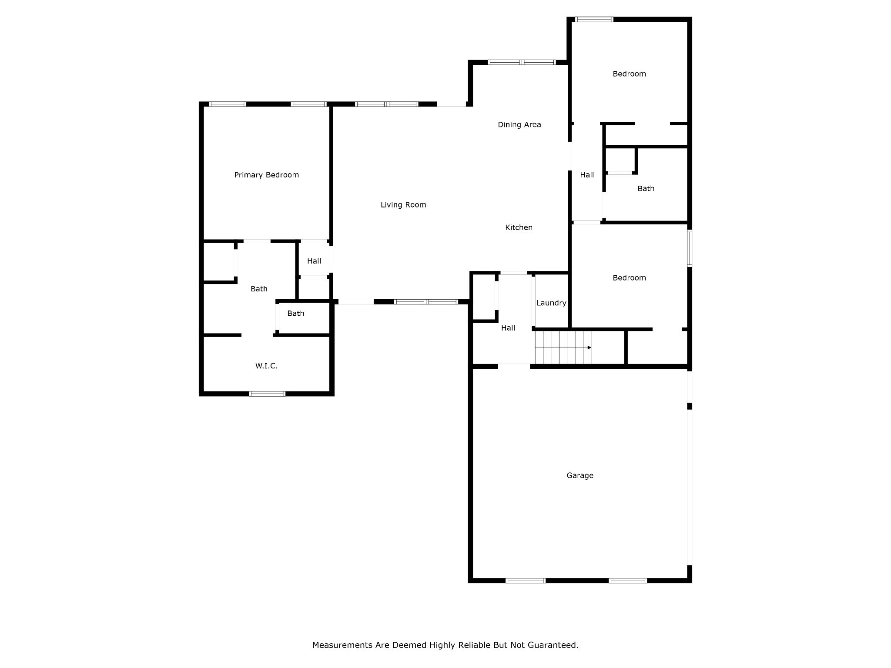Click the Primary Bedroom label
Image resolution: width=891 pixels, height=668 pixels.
click(x=266, y=175)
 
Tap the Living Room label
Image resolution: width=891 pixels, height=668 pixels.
click(x=403, y=205)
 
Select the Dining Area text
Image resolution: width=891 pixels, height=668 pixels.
click(x=519, y=125)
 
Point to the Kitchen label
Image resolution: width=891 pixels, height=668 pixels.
click(x=519, y=227)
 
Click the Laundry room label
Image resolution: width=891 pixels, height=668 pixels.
click(x=551, y=303)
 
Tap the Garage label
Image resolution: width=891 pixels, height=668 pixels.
click(x=579, y=476)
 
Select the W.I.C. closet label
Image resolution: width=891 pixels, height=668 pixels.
click(x=266, y=366)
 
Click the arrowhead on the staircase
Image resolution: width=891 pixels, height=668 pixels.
click(x=589, y=347)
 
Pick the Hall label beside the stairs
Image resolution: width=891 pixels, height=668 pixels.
click(x=508, y=328)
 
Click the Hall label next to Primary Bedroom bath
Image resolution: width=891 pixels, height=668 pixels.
click(x=314, y=261)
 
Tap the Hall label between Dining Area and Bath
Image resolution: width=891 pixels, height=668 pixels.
click(x=586, y=175)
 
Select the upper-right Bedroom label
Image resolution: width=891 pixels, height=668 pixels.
click(x=629, y=74)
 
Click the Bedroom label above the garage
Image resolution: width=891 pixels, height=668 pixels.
click(x=629, y=278)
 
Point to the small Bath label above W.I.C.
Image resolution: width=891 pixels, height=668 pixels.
click(x=295, y=314)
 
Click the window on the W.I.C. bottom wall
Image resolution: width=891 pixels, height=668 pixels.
click(x=267, y=394)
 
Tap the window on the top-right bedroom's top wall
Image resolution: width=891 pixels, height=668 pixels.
click(x=594, y=20)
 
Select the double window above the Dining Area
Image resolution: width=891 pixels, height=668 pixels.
click(x=521, y=63)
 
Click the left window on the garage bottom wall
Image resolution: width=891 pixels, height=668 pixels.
click(x=525, y=581)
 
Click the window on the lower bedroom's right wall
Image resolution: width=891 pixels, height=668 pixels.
click(x=690, y=248)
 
